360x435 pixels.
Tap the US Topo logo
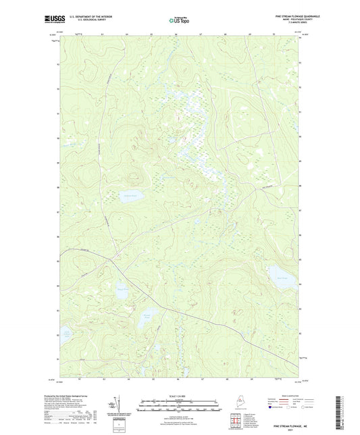(179, 20)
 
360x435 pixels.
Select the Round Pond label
(147, 315)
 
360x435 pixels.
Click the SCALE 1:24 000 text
(179, 395)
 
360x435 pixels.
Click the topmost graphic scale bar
(179, 400)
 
